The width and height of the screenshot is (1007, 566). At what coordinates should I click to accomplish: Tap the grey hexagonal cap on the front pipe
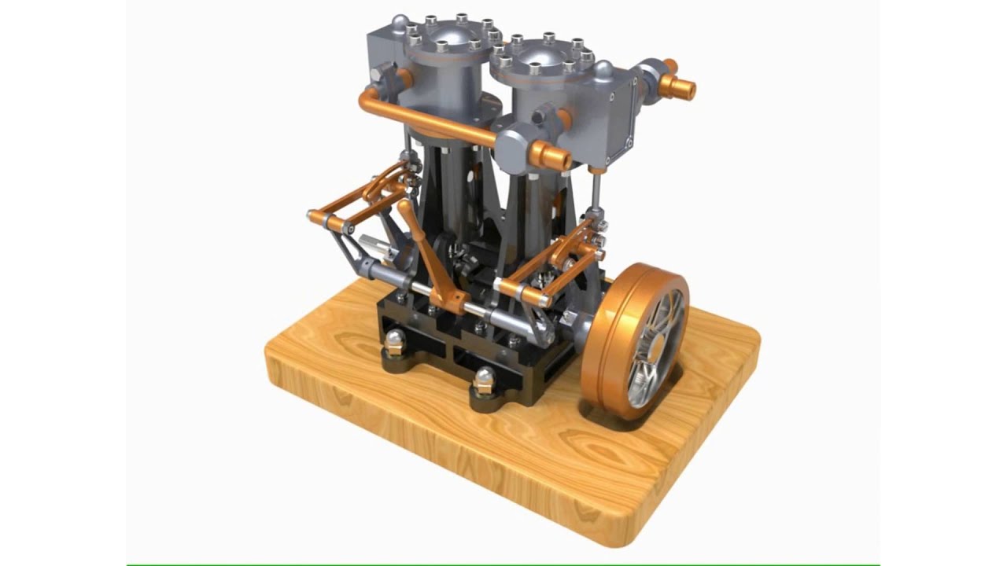512,146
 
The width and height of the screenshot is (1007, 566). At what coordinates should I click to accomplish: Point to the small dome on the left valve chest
400,21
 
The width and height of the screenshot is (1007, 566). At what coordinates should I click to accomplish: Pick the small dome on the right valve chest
603,70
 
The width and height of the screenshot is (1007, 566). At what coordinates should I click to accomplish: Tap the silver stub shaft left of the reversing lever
376,247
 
